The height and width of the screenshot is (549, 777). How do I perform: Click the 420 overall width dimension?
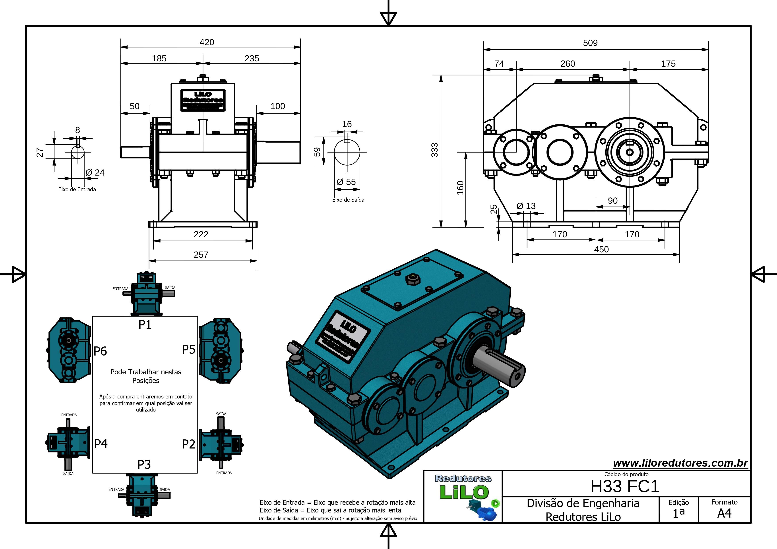pyautogui.click(x=207, y=42)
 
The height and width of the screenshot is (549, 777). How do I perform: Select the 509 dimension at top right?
pyautogui.click(x=590, y=43)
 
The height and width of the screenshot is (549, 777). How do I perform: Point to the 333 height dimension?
pyautogui.click(x=434, y=150)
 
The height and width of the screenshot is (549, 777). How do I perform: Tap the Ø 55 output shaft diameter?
pyautogui.click(x=347, y=182)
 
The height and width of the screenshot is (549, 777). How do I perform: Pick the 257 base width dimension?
pyautogui.click(x=201, y=255)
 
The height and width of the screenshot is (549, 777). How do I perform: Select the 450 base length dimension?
pyautogui.click(x=601, y=249)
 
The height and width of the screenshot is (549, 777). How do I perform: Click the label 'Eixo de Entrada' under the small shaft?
pyautogui.click(x=77, y=189)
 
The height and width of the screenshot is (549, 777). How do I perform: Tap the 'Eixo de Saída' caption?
pyautogui.click(x=348, y=200)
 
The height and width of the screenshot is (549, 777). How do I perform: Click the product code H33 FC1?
pyautogui.click(x=625, y=486)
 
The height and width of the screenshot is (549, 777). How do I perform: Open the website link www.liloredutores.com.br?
pyautogui.click(x=680, y=463)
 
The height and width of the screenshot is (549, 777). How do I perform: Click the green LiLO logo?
pyautogui.click(x=464, y=492)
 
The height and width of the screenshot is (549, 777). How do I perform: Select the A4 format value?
pyautogui.click(x=724, y=514)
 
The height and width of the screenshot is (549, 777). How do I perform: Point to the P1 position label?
pyautogui.click(x=145, y=324)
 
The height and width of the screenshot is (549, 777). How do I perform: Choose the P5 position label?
pyautogui.click(x=188, y=349)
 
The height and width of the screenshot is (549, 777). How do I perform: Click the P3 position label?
pyautogui.click(x=144, y=464)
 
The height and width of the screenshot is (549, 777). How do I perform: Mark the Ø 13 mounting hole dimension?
pyautogui.click(x=526, y=206)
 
